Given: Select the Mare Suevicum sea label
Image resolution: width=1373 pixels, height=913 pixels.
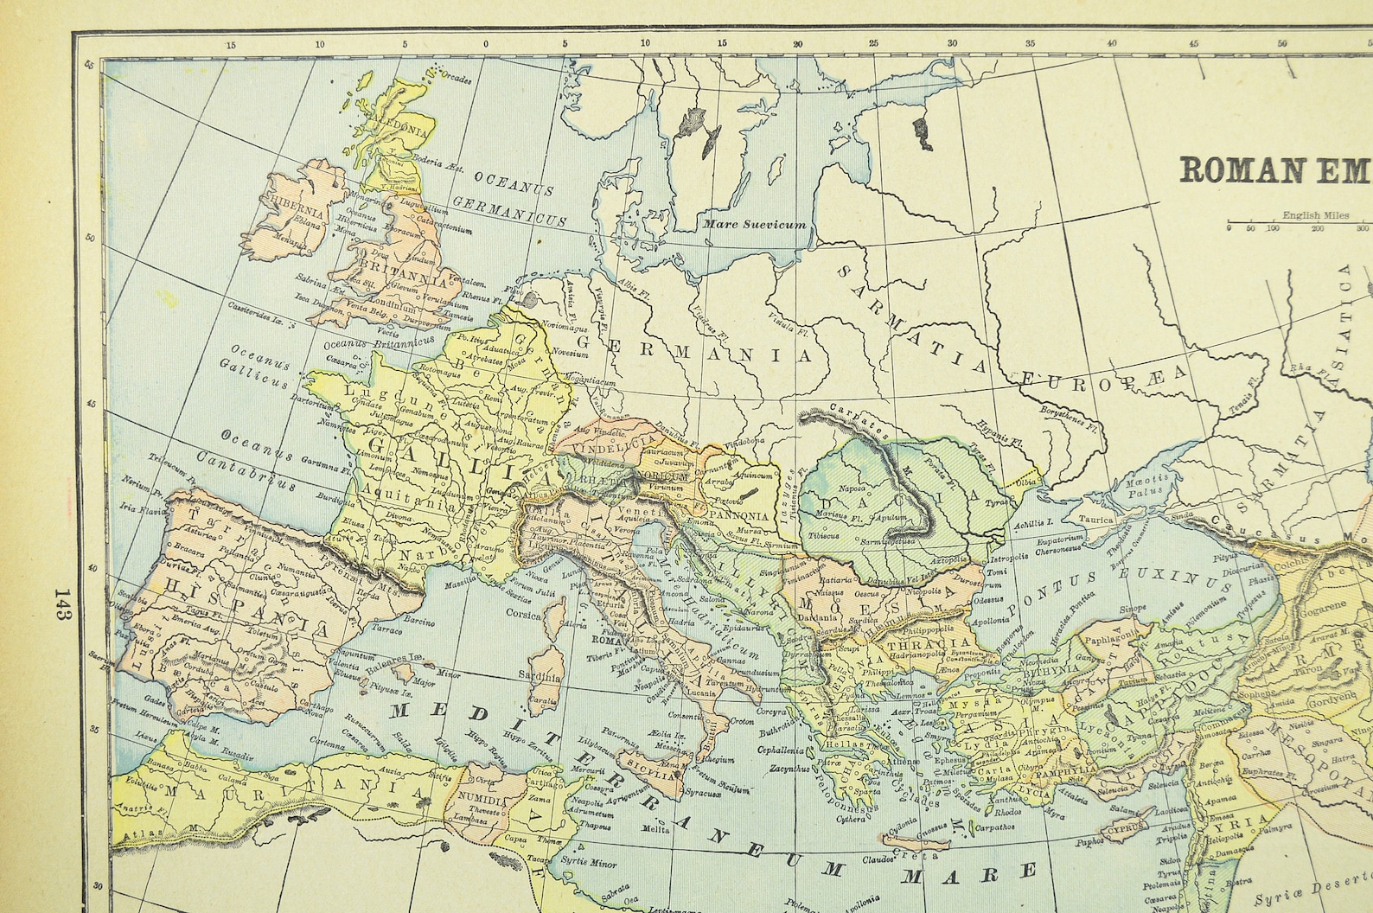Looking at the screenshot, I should point(755,224).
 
